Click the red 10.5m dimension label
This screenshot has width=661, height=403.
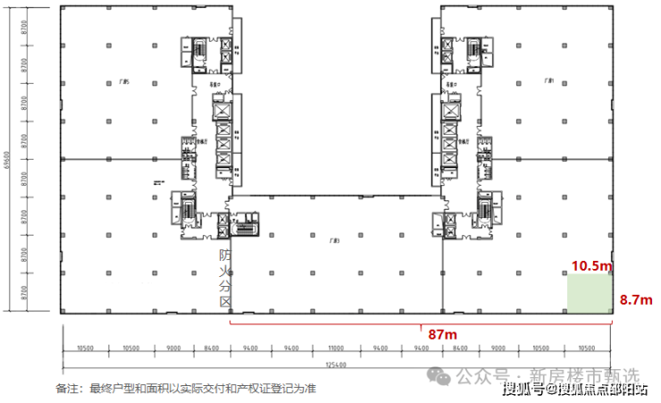click(x=592, y=265)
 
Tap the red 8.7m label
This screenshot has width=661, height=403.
click(x=636, y=300)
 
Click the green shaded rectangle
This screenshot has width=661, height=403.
click(x=590, y=293)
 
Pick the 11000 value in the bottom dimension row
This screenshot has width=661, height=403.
click(x=336, y=347)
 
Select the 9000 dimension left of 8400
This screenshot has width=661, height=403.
click(x=173, y=347)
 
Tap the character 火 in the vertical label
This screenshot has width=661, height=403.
click(x=226, y=271)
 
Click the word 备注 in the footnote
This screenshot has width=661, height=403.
click(x=68, y=389)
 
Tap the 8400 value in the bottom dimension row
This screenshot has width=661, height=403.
click(x=211, y=347)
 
